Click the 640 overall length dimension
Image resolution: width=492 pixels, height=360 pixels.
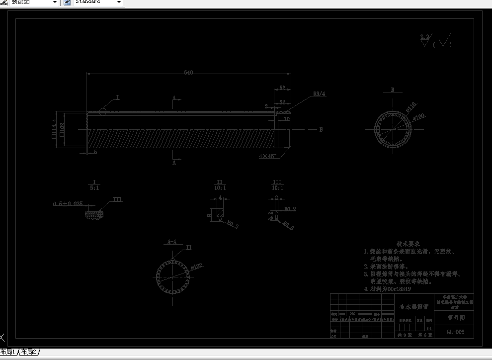[x=188, y=73]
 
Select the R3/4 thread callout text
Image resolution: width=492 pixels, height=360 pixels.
[x=319, y=93]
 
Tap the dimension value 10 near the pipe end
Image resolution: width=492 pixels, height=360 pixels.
[x=286, y=119]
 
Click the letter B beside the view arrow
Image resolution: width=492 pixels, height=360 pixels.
[x=321, y=129]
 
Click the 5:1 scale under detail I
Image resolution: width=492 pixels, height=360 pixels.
[x=94, y=188]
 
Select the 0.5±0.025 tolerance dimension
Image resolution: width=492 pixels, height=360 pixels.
[x=68, y=204]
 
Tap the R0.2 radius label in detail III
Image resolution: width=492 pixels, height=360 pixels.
[x=290, y=209]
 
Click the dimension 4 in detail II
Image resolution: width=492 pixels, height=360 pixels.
[x=220, y=197]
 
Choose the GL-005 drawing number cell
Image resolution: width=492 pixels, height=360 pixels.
[x=455, y=332]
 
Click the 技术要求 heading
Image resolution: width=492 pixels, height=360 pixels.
[x=408, y=244]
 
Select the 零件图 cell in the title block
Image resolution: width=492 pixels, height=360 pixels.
[x=455, y=318]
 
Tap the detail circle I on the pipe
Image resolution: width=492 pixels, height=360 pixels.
[x=102, y=111]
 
